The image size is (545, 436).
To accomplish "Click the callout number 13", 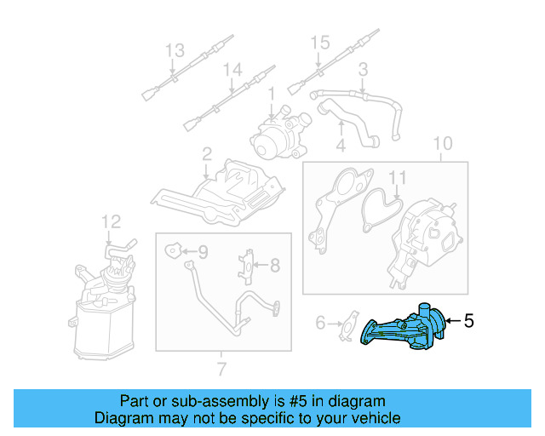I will tap(175, 50).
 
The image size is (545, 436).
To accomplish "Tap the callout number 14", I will tap(232, 68).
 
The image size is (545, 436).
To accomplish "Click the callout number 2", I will tap(207, 154).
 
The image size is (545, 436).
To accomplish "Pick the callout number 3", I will tap(363, 68).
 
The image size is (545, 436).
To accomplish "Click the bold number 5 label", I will tap(468, 321).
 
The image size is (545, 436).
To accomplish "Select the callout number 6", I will tap(321, 323).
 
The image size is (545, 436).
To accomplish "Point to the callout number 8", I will tap(275, 266).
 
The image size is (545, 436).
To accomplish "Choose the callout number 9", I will tap(203, 251).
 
